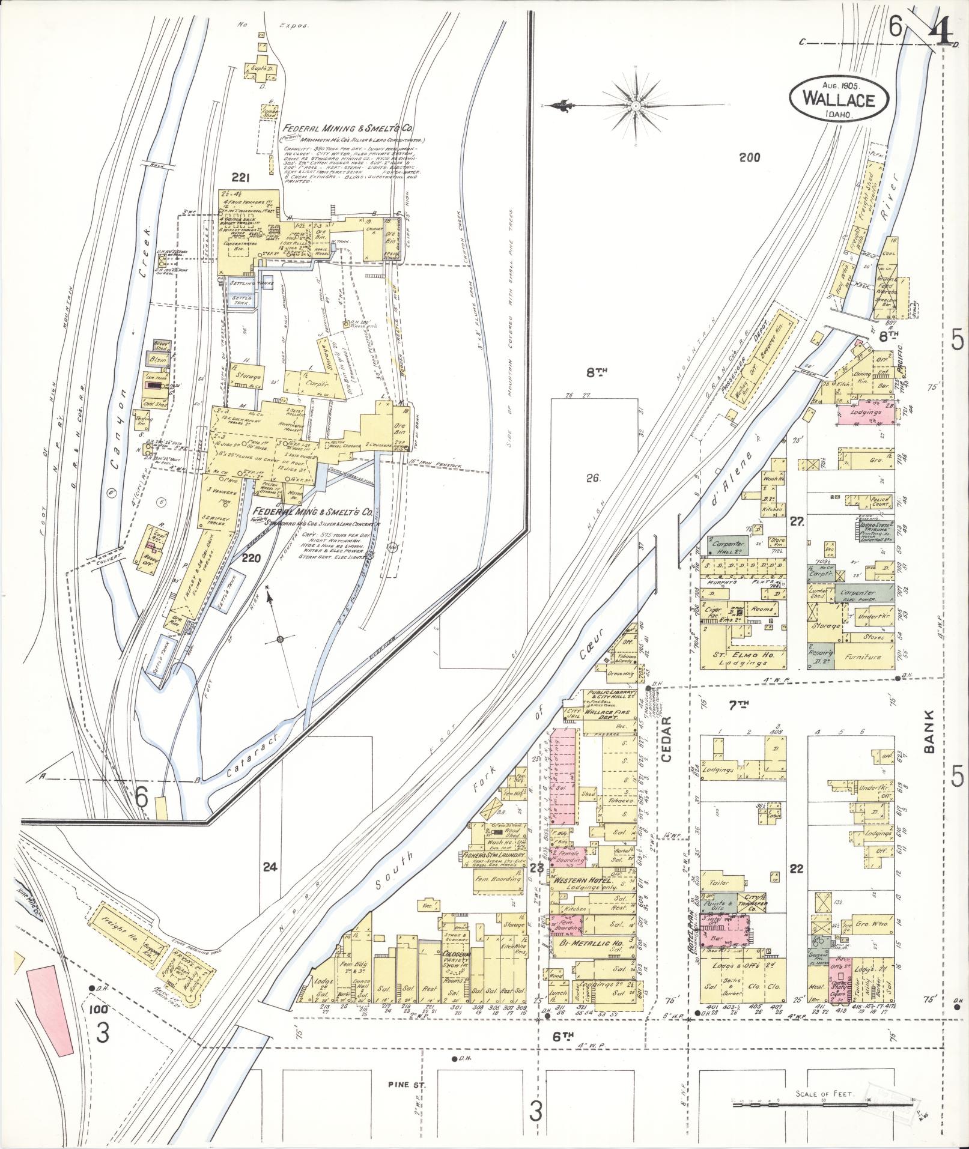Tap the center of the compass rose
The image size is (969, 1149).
(636, 106)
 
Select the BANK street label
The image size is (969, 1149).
(931, 732)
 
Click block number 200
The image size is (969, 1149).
(749, 158)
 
